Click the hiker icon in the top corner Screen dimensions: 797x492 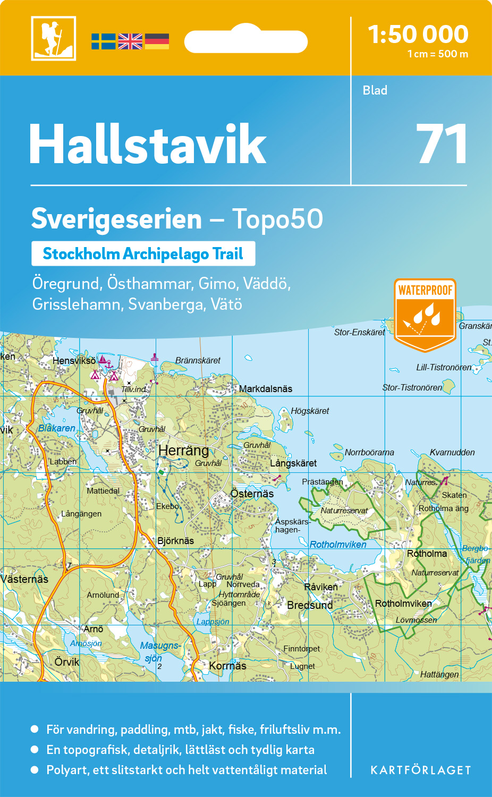coord(53,38)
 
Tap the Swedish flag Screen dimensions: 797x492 coord(103,41)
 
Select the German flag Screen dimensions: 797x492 coord(157,41)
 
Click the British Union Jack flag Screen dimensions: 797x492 coord(130,41)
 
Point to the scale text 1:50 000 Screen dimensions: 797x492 coord(418,35)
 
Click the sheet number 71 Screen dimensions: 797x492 coord(442,144)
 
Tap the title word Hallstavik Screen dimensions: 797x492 coord(148,145)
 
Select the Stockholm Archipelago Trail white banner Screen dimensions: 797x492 coord(143,254)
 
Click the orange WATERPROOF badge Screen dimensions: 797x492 coord(425,315)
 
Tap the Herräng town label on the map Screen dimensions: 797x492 coord(184,451)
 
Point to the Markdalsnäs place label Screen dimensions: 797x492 coord(266,389)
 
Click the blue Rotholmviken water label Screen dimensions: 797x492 coord(338,545)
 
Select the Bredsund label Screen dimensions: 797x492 coord(310,605)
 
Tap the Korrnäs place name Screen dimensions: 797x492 coord(227,666)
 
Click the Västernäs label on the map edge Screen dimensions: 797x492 coord(24,579)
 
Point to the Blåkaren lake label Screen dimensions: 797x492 coord(57,428)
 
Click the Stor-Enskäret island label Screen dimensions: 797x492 coord(360,333)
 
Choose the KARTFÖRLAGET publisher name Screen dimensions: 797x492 coord(421,770)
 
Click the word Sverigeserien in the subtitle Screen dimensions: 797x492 coord(116,219)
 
